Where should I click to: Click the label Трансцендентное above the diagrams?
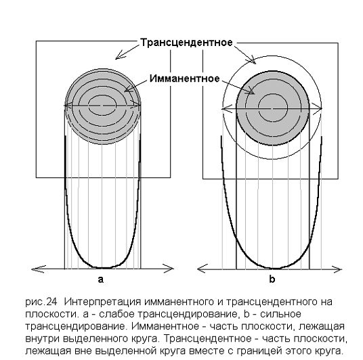tap(186, 43)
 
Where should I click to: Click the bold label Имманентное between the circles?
tap(184, 78)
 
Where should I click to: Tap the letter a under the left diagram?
tap(101, 279)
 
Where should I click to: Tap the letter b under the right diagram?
tap(272, 279)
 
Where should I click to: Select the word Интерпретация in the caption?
tap(102, 302)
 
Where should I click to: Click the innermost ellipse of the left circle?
tap(103, 105)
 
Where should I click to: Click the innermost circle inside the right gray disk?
tap(273, 108)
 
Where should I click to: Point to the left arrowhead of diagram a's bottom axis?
tap(39, 269)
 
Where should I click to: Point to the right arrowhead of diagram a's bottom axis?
tap(167, 269)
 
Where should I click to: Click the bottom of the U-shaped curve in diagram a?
tap(103, 268)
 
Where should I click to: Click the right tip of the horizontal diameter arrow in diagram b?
tap(322, 108)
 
